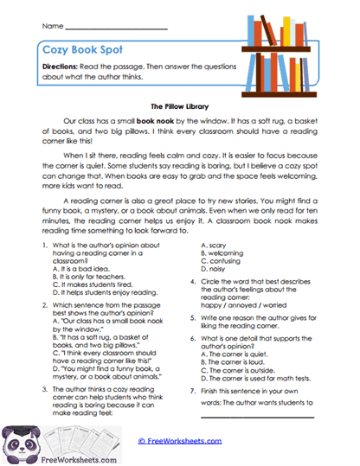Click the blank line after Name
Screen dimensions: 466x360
point(118,29)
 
